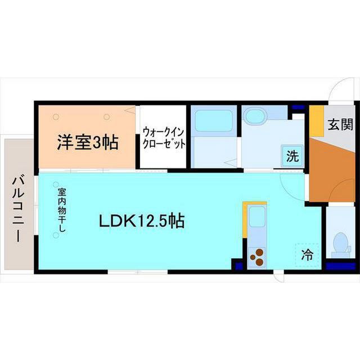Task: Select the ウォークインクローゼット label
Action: point(163,137)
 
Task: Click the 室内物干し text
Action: point(61,209)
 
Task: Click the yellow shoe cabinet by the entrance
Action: point(317,120)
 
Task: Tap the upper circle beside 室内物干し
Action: point(56,183)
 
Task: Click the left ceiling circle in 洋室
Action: point(56,117)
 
